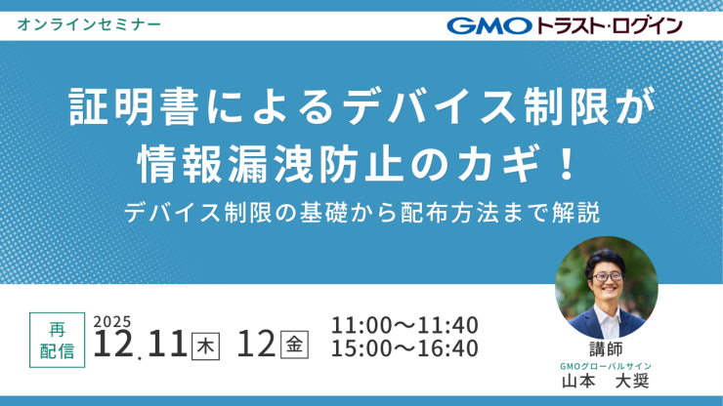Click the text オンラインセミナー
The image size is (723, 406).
(89, 21)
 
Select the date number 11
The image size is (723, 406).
(168, 344)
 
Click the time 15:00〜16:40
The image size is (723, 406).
(404, 348)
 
